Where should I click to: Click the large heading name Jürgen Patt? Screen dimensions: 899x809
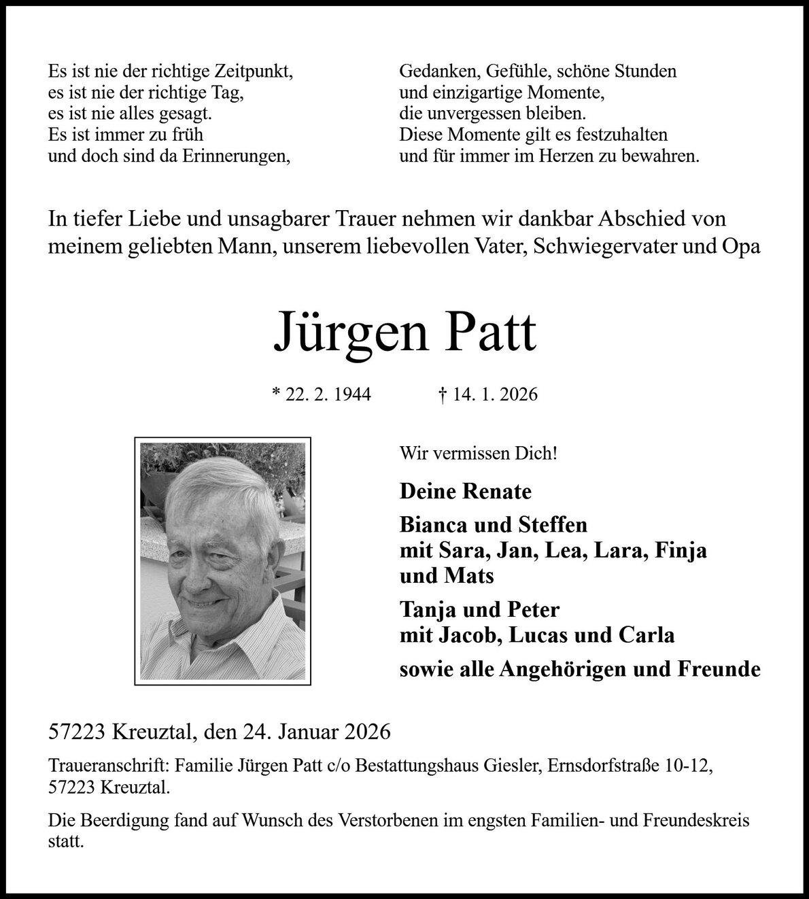click(x=404, y=333)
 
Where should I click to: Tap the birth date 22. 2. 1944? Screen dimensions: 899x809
click(x=328, y=394)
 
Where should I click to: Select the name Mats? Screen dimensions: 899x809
click(x=468, y=576)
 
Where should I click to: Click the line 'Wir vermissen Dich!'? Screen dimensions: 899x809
click(x=479, y=452)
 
